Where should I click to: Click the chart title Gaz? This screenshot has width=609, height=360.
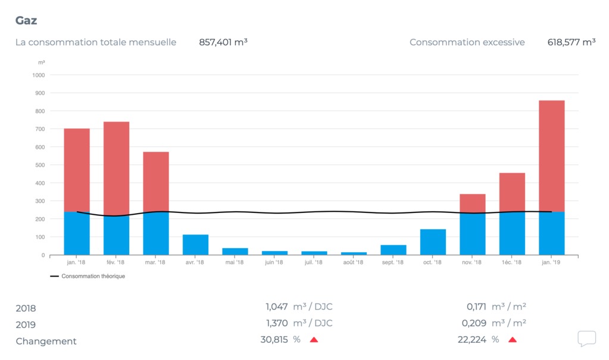pyautogui.click(x=26, y=20)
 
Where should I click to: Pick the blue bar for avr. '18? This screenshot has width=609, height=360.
pyautogui.click(x=195, y=245)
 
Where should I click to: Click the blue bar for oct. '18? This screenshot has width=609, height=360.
pyautogui.click(x=433, y=242)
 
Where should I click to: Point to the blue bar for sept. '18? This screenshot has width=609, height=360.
pyautogui.click(x=393, y=250)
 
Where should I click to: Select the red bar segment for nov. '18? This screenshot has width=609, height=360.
pyautogui.click(x=473, y=204)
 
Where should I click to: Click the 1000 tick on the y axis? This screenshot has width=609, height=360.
pyautogui.click(x=39, y=75)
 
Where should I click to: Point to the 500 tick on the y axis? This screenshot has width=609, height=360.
pyautogui.click(x=40, y=165)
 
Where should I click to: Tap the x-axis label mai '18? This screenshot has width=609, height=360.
pyautogui.click(x=235, y=262)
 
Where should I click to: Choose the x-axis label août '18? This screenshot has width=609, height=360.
pyautogui.click(x=353, y=262)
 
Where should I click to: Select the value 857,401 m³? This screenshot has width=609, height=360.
pyautogui.click(x=223, y=42)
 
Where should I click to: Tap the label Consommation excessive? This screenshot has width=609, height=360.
pyautogui.click(x=467, y=42)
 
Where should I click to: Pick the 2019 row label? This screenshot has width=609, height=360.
pyautogui.click(x=26, y=325)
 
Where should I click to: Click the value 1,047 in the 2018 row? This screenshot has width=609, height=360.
pyautogui.click(x=277, y=307)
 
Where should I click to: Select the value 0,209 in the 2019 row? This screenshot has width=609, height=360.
pyautogui.click(x=474, y=323)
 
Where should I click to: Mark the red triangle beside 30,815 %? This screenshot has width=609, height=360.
pyautogui.click(x=314, y=340)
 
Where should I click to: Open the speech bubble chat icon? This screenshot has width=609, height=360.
pyautogui.click(x=586, y=339)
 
